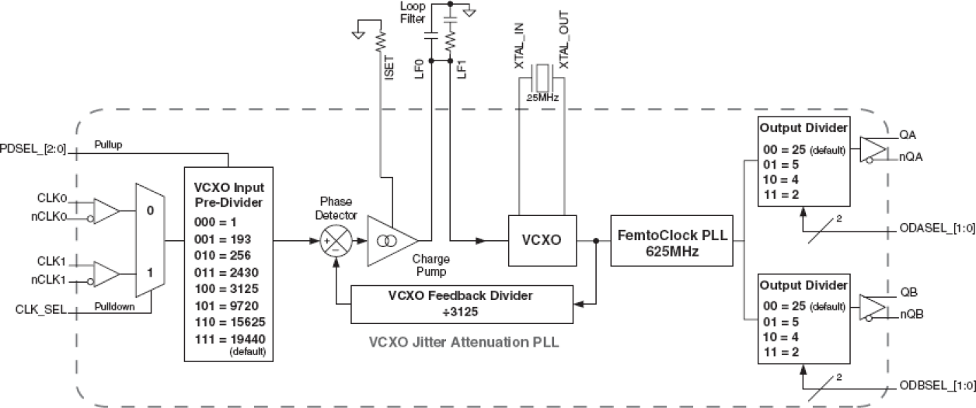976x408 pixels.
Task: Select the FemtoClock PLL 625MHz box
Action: click(671, 241)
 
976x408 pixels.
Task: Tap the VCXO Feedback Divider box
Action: click(462, 303)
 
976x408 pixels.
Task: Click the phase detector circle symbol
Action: click(335, 241)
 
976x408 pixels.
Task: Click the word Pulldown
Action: click(114, 306)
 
